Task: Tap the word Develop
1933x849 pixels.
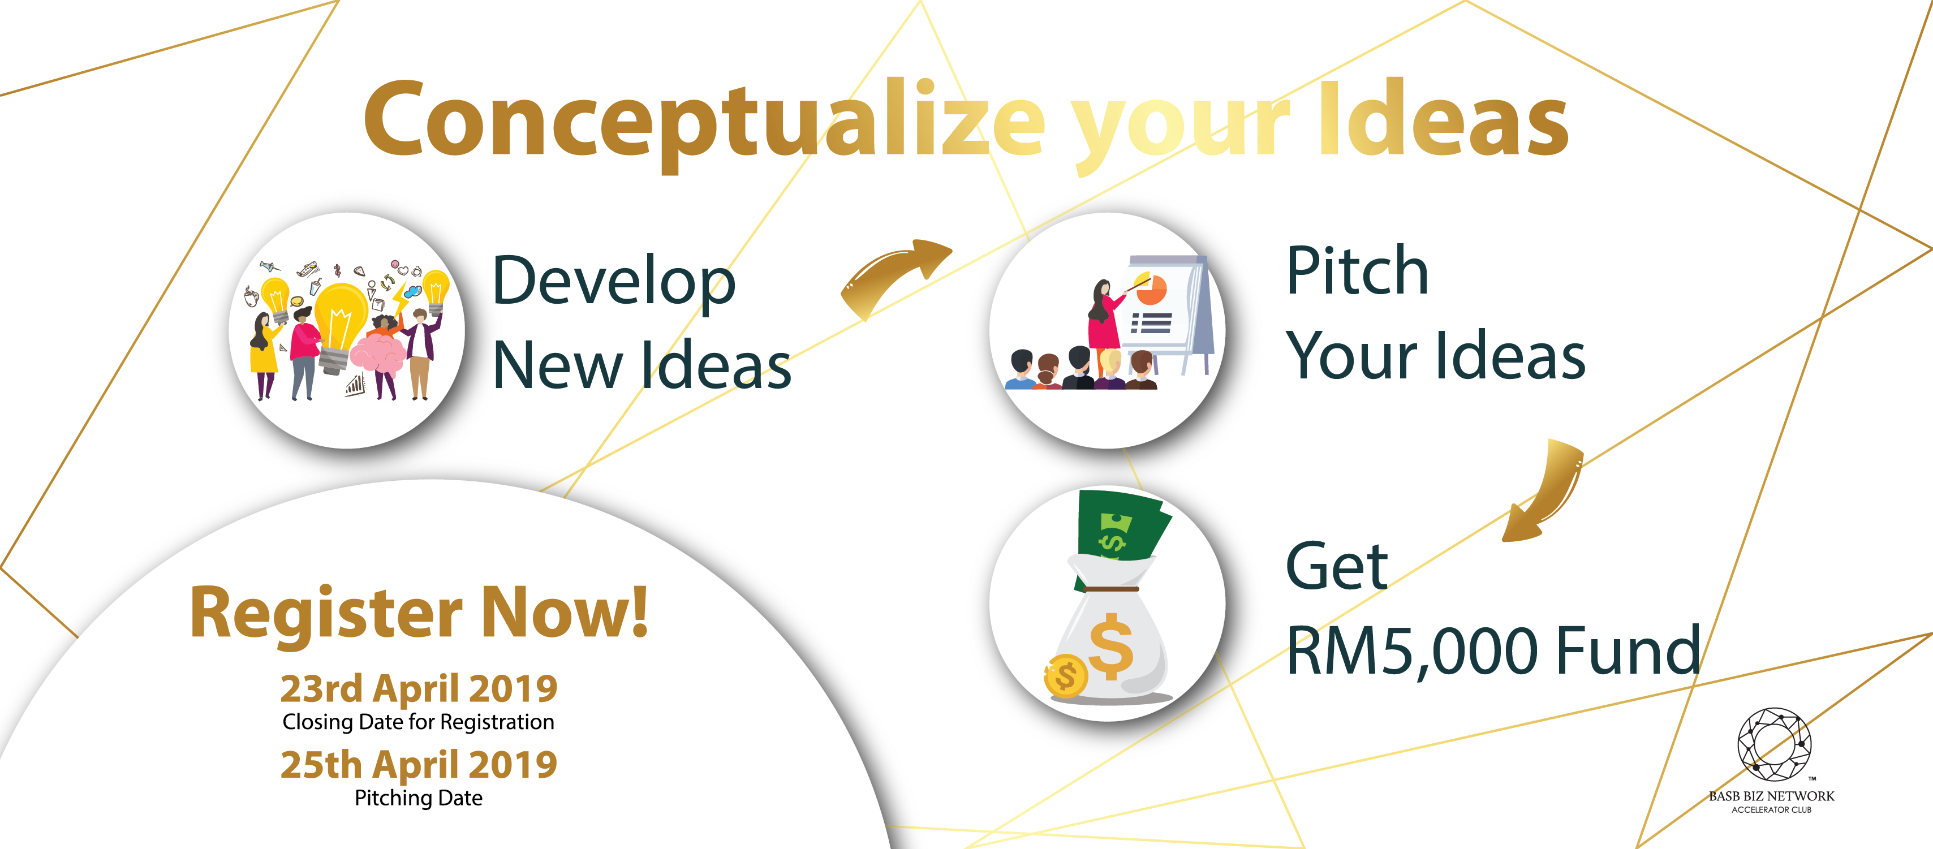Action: pyautogui.click(x=614, y=281)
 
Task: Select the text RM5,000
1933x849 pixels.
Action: pyautogui.click(x=1411, y=651)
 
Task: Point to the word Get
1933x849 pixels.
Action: pyautogui.click(x=1336, y=566)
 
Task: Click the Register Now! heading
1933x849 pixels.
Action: pyautogui.click(x=419, y=613)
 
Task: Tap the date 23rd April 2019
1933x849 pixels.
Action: pyautogui.click(x=419, y=688)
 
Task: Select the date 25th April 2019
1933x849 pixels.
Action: pyautogui.click(x=419, y=764)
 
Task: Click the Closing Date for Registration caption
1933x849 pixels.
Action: pyautogui.click(x=419, y=722)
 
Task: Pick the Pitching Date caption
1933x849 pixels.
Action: pyautogui.click(x=419, y=798)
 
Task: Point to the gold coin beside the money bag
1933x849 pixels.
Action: pyautogui.click(x=1066, y=676)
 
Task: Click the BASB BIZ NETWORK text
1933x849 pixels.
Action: pyautogui.click(x=1771, y=796)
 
